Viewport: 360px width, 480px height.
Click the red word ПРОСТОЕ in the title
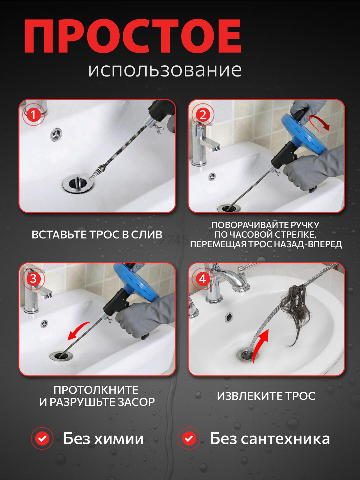132,36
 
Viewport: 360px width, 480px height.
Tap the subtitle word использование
165,70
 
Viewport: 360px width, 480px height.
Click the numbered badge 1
33,115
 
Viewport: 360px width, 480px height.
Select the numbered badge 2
203,115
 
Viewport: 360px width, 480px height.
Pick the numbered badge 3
33,279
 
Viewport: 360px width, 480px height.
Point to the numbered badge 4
203,279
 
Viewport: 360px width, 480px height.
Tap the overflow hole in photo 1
56,134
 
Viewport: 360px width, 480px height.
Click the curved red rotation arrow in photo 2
320,122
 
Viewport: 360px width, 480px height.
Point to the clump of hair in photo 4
297,309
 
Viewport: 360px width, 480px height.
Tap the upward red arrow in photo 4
260,345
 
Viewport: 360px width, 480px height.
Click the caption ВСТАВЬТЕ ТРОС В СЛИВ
97,235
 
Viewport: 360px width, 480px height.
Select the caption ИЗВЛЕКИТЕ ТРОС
266,396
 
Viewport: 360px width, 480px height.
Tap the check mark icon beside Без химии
42,439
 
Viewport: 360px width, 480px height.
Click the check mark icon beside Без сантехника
189,439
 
